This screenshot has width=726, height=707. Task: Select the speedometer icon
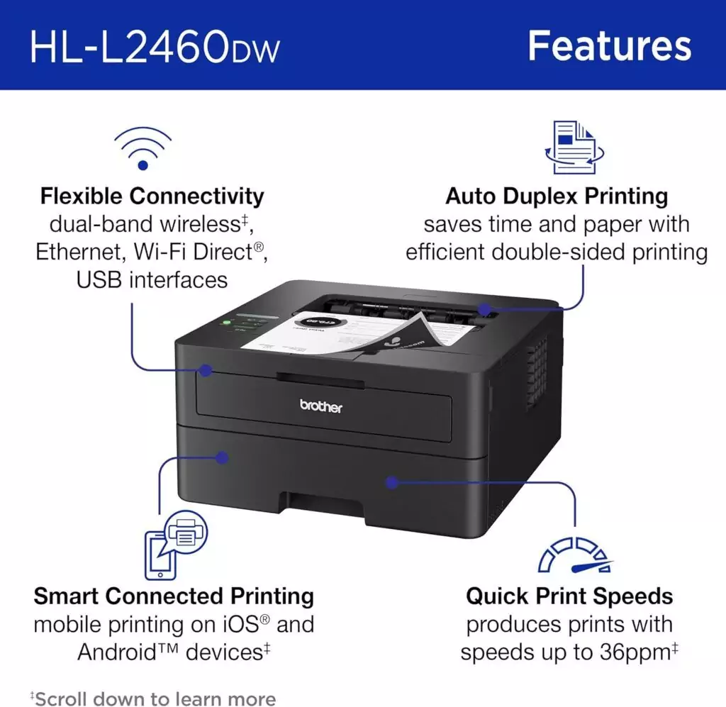click(574, 554)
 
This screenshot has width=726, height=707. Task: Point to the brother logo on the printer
click(320, 406)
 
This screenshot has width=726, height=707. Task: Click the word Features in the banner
click(609, 46)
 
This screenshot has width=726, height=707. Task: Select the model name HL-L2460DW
click(155, 48)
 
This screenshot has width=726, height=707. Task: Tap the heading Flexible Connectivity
click(152, 196)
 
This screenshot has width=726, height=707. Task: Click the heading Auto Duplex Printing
click(557, 196)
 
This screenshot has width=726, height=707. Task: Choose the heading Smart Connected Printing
click(174, 596)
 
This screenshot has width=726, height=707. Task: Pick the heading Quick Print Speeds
click(569, 596)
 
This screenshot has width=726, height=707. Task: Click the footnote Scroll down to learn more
click(155, 698)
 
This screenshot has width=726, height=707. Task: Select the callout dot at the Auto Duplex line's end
click(485, 310)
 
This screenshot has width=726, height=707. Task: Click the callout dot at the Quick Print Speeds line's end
click(390, 482)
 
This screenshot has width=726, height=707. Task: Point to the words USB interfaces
click(152, 279)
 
